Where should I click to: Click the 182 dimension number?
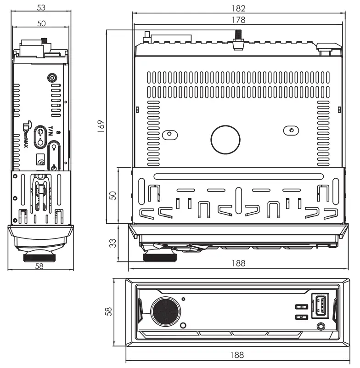(238, 8)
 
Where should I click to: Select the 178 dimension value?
(238, 20)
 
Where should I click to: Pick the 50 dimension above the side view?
(41, 23)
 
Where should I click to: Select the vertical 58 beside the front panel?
(108, 311)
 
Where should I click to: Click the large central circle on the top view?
(225, 139)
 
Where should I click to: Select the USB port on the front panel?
(321, 306)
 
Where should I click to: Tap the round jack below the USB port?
(321, 326)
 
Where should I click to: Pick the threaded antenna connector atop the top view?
(238, 40)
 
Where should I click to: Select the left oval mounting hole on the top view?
(169, 134)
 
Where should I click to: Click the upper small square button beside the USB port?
(301, 307)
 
